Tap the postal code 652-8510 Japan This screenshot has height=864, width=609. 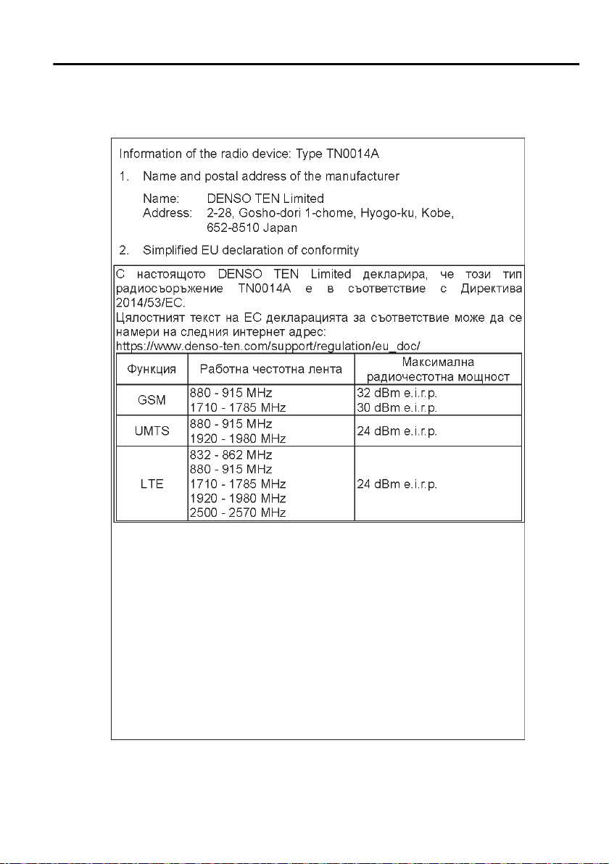pyautogui.click(x=252, y=228)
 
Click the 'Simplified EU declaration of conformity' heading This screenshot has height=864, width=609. pyautogui.click(x=251, y=250)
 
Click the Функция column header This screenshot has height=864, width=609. pyautogui.click(x=152, y=369)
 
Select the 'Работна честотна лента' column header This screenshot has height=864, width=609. pyautogui.click(x=270, y=369)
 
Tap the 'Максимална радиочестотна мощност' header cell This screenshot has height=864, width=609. pyautogui.click(x=438, y=369)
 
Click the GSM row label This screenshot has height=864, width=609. pyautogui.click(x=152, y=399)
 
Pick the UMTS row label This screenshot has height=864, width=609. pyautogui.click(x=152, y=431)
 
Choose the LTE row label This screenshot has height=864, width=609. pyautogui.click(x=152, y=484)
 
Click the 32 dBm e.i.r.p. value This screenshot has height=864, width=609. pyautogui.click(x=397, y=392)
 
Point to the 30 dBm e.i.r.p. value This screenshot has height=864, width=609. pyautogui.click(x=397, y=407)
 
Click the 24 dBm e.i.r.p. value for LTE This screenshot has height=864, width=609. pyautogui.click(x=397, y=484)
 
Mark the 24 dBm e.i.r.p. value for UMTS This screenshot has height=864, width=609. pyautogui.click(x=397, y=431)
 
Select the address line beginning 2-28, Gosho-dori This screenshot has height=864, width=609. pyautogui.click(x=331, y=213)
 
